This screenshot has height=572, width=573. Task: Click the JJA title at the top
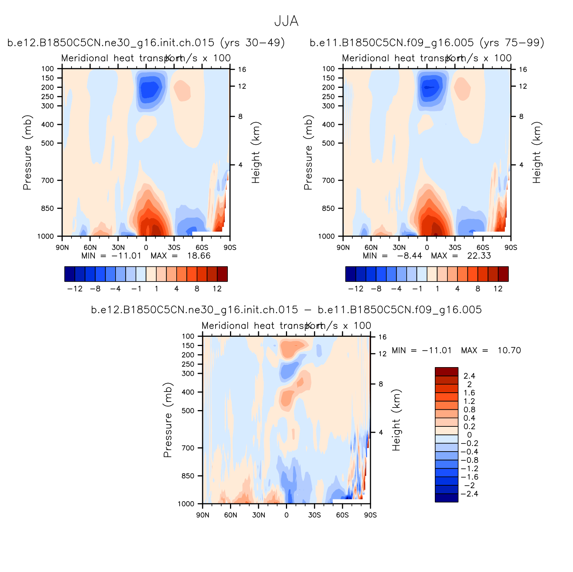(286, 21)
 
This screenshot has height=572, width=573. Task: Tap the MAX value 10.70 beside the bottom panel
(509, 350)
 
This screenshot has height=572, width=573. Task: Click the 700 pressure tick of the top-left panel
(48, 180)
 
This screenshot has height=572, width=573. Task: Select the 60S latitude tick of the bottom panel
(342, 515)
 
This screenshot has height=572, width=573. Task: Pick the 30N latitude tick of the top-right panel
(399, 247)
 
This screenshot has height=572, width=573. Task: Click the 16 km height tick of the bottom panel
(382, 337)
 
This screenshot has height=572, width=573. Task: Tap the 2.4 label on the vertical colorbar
(469, 376)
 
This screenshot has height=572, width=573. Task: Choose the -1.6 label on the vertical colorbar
(469, 477)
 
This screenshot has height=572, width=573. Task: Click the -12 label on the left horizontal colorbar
(74, 289)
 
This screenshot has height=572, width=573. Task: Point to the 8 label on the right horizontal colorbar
(478, 289)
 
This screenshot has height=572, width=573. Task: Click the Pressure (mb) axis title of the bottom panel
(168, 420)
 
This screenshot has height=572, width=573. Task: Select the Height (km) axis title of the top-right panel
(537, 152)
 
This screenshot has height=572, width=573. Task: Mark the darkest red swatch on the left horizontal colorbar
(222, 274)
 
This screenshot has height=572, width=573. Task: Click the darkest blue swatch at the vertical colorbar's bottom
(446, 498)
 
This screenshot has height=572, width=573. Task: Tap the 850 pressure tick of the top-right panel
(329, 208)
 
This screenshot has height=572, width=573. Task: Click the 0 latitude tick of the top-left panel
(146, 247)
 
